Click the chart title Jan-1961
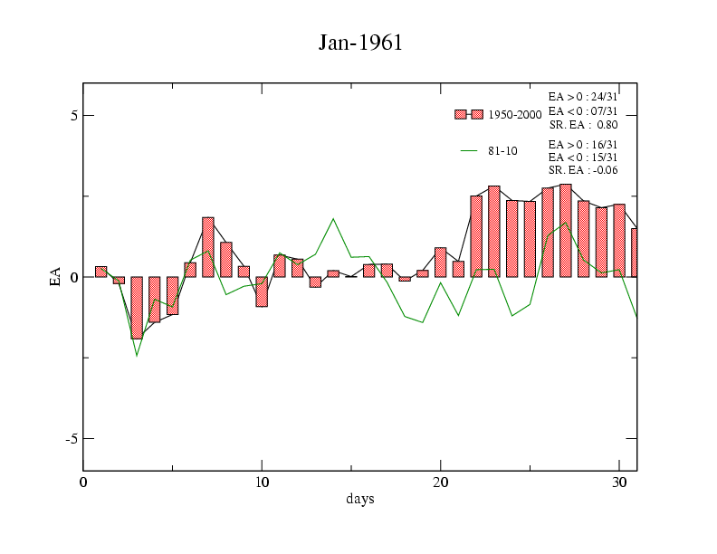[x=359, y=43]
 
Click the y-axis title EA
[x=55, y=277]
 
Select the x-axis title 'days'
[x=359, y=499]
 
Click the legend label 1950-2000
[x=515, y=115]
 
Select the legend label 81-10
[x=502, y=150]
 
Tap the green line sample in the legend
[x=469, y=150]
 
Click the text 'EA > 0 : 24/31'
[x=583, y=96]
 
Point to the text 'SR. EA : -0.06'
[x=583, y=170]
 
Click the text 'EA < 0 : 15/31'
[x=583, y=158]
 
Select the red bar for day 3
[x=137, y=308]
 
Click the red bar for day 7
[x=208, y=247]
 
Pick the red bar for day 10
[x=262, y=291]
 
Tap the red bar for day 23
[x=494, y=232]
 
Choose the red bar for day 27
[x=566, y=231]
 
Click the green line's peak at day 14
[x=333, y=218]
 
